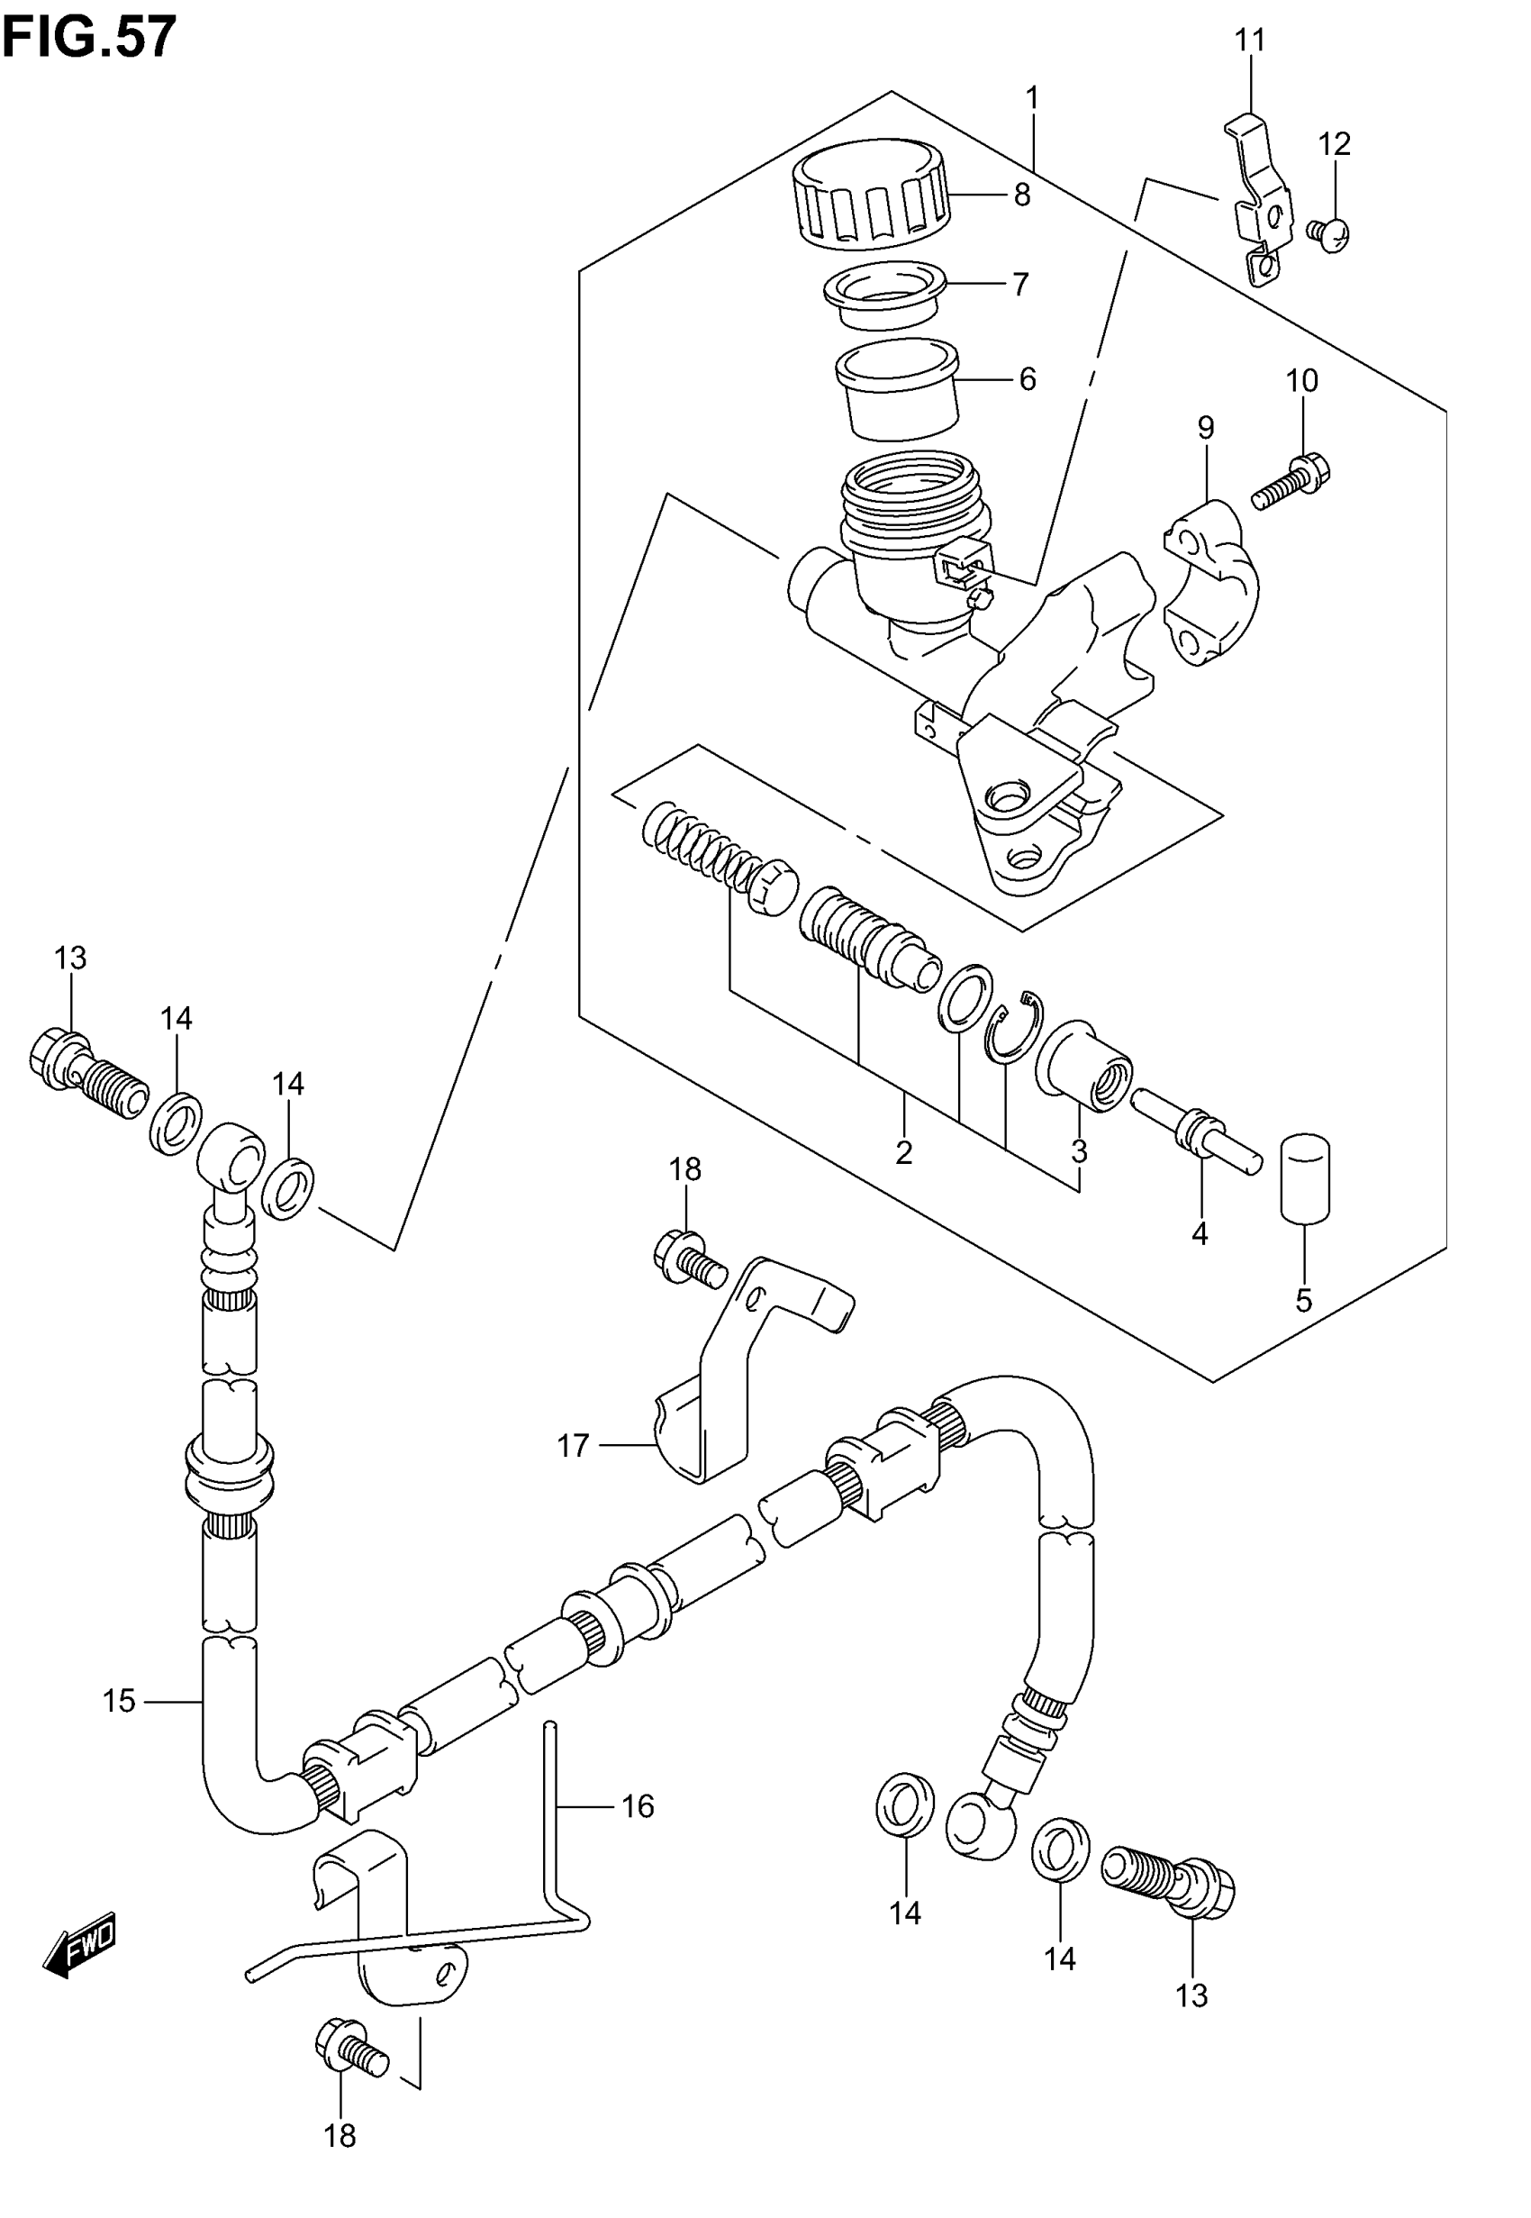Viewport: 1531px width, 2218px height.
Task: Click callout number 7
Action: point(1019,285)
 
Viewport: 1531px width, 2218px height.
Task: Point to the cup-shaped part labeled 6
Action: point(897,387)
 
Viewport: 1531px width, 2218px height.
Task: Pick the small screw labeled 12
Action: point(1328,232)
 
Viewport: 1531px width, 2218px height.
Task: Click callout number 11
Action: point(1250,41)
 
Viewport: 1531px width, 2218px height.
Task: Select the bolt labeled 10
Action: point(1291,484)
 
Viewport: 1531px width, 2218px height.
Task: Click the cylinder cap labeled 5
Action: point(1306,1178)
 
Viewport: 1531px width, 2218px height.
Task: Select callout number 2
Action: point(903,1152)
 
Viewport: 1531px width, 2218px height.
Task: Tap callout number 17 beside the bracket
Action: point(573,1472)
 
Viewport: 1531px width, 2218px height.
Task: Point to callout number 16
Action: point(638,1806)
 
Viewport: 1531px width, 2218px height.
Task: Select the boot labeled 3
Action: point(1085,1066)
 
